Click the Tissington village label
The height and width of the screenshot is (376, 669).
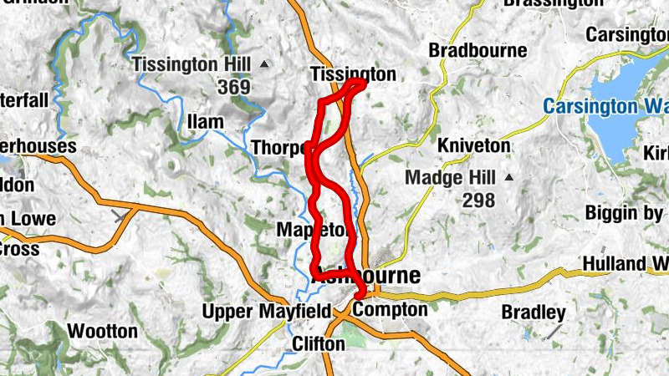[352, 74]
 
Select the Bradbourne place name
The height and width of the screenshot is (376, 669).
[477, 51]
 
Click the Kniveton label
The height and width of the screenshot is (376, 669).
[473, 145]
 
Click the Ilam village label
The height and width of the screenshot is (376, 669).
[205, 122]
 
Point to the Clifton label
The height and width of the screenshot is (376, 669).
[319, 343]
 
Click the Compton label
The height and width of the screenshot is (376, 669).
[390, 310]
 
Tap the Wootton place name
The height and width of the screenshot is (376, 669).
[102, 331]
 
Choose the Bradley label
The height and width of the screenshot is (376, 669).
[534, 312]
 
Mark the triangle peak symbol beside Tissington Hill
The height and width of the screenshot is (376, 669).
[265, 64]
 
